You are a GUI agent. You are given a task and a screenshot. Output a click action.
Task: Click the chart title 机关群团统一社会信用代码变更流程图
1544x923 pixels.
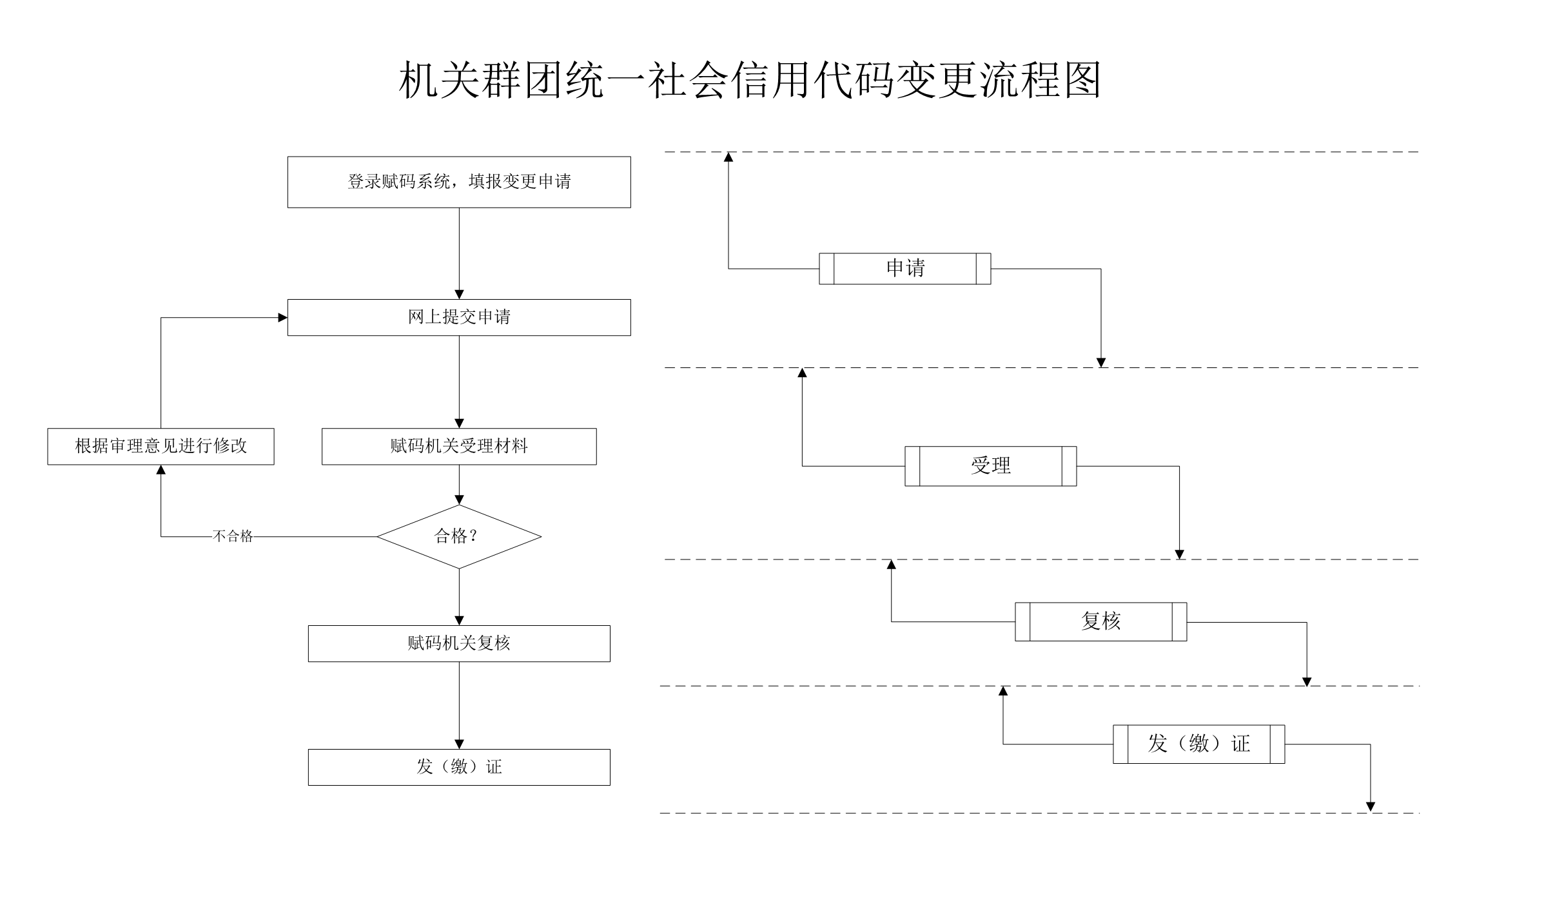[750, 81]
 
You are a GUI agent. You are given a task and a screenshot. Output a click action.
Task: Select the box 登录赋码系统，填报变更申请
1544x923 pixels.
[459, 182]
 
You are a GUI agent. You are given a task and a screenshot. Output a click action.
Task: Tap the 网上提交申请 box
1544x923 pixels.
[459, 317]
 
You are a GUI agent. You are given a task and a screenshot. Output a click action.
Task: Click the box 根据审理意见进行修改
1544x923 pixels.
[161, 446]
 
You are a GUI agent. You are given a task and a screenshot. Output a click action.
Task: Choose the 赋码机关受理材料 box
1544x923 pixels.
[459, 446]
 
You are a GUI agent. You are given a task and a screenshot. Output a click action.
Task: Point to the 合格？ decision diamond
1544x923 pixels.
[459, 536]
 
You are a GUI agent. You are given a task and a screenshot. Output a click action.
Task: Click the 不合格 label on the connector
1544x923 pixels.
[233, 536]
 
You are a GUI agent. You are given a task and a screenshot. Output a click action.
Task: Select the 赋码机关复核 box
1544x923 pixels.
[459, 643]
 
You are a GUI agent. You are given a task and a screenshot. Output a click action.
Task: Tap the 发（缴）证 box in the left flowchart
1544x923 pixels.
[459, 767]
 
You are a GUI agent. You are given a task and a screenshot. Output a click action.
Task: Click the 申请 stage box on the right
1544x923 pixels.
[905, 269]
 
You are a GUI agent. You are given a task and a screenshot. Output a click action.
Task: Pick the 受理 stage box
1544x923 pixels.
[991, 466]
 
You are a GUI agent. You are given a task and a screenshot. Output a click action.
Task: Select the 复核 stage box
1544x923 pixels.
[1101, 622]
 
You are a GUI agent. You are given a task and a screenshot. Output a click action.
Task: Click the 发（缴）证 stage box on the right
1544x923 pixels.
[1199, 744]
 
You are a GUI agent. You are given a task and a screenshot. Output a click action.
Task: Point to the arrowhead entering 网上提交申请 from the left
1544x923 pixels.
[283, 318]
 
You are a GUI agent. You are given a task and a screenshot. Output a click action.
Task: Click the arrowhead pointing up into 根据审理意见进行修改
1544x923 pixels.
[161, 470]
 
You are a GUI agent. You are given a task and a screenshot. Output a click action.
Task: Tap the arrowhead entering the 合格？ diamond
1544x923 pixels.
[459, 500]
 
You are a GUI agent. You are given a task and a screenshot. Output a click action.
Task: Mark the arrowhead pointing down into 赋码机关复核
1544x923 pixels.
[459, 621]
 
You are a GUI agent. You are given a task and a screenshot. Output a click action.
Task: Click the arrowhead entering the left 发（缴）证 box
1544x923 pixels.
[459, 744]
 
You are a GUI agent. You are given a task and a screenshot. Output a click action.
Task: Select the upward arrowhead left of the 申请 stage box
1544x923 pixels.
[728, 157]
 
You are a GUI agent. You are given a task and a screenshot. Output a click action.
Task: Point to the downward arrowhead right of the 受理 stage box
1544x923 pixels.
[1179, 554]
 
